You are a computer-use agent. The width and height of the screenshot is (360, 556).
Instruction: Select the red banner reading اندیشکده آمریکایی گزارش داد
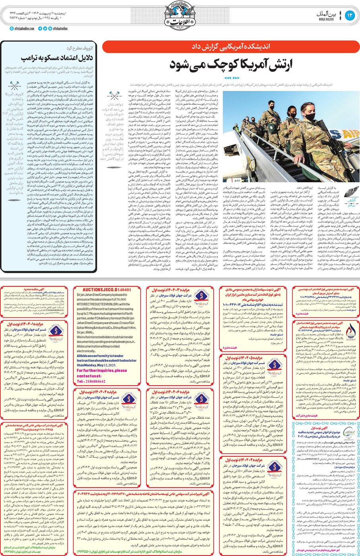coord(231,47)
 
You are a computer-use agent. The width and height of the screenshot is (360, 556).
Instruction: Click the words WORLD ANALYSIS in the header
coord(326,19)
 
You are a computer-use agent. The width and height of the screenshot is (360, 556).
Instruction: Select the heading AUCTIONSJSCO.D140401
coord(106,290)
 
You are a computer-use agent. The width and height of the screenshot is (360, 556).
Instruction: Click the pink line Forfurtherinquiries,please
coord(102,371)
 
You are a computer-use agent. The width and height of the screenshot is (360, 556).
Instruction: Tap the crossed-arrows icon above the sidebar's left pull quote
coord(15,85)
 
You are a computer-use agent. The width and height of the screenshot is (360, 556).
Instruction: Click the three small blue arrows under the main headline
coord(231,78)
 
